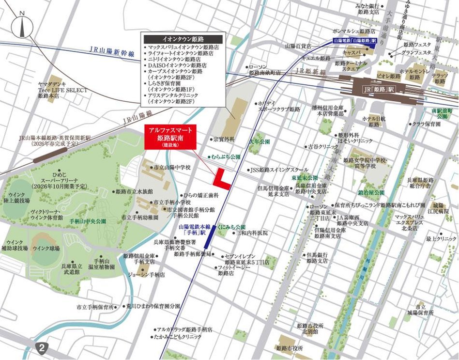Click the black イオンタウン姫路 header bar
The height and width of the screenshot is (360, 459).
[183, 38]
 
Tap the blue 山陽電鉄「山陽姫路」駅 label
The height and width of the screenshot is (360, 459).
[355, 42]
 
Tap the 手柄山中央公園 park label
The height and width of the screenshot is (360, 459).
[88, 221]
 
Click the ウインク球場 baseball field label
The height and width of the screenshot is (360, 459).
[46, 249]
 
